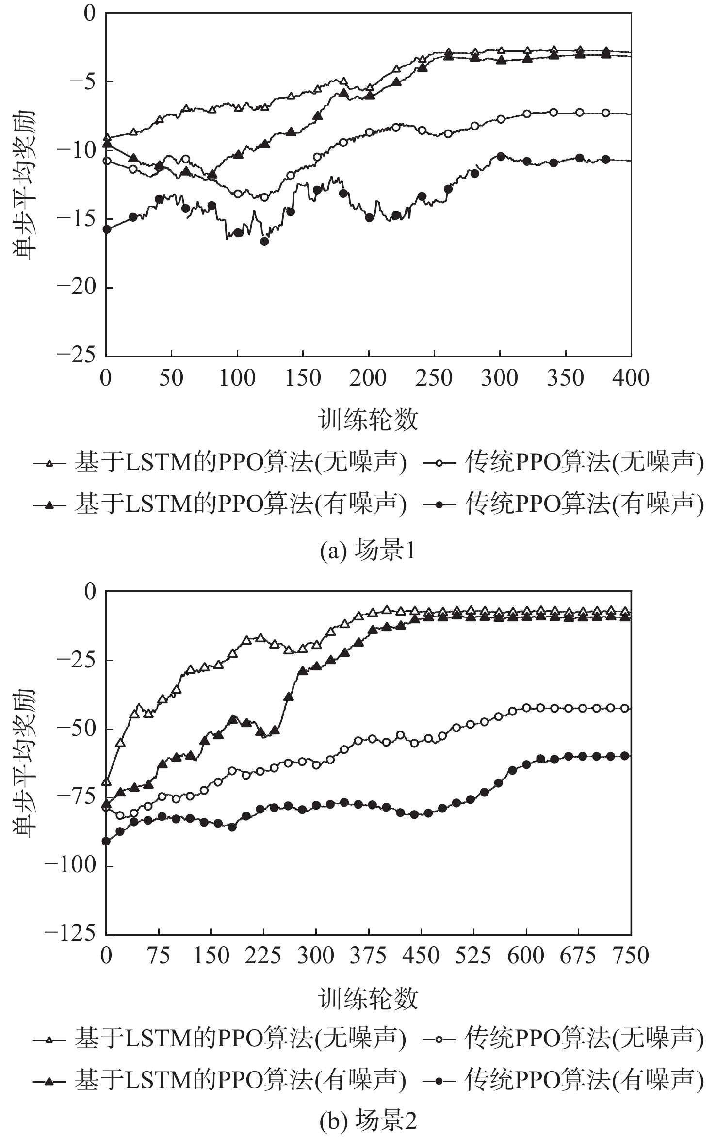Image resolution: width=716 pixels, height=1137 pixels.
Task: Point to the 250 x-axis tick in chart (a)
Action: [x=434, y=378]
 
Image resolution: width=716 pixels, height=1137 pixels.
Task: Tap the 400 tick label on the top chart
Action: [x=630, y=378]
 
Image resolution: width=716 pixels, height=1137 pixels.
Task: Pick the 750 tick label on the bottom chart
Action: [x=630, y=956]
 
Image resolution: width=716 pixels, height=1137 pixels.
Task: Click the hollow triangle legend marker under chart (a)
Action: [x=49, y=464]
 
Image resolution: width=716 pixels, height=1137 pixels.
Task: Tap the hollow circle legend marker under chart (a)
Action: [x=439, y=464]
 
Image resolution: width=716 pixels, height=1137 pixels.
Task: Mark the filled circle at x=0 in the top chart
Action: [x=107, y=229]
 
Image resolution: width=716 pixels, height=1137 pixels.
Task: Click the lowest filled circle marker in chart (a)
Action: [x=264, y=241]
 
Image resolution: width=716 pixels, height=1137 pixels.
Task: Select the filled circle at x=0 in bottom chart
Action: [x=106, y=841]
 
